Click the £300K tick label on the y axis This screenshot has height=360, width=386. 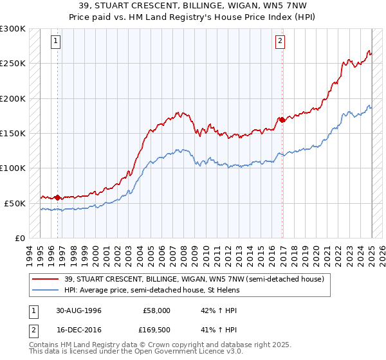[x=13, y=29]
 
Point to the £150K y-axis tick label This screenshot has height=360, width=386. [x=13, y=133]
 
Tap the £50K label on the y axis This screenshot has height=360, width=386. [x=15, y=203]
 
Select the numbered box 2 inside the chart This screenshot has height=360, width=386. [x=280, y=42]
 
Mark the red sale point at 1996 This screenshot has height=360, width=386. [x=58, y=197]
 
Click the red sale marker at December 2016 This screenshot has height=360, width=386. [x=282, y=120]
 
